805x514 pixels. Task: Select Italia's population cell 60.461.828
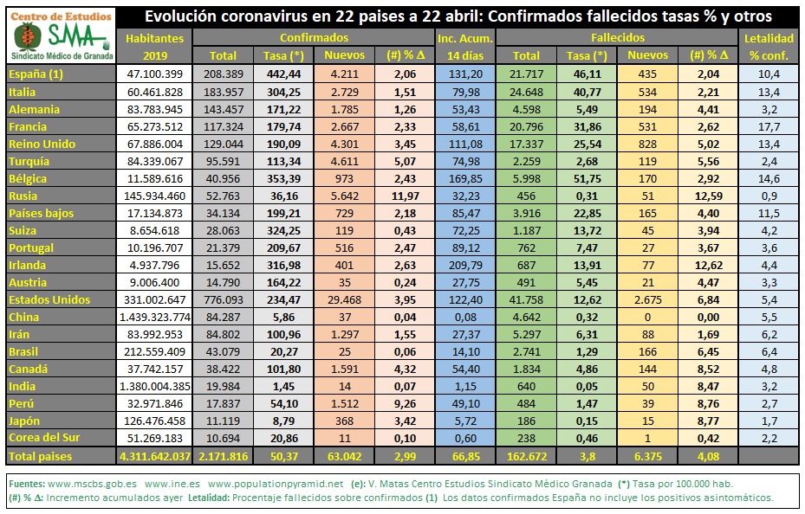pyautogui.click(x=154, y=93)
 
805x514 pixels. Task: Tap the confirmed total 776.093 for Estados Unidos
pyautogui.click(x=223, y=299)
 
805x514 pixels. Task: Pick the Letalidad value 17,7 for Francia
pyautogui.click(x=769, y=127)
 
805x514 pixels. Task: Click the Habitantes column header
pyautogui.click(x=154, y=38)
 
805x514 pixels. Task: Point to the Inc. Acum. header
pyautogui.click(x=465, y=38)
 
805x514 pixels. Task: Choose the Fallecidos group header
pyautogui.click(x=618, y=38)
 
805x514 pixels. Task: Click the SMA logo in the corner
pyautogui.click(x=62, y=35)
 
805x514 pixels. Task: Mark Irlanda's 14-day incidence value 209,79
pyautogui.click(x=465, y=266)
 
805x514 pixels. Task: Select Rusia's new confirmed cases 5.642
pyautogui.click(x=345, y=196)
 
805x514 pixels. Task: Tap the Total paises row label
pyautogui.click(x=41, y=457)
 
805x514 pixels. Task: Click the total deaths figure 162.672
pyautogui.click(x=527, y=457)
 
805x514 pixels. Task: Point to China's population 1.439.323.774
pyautogui.click(x=154, y=318)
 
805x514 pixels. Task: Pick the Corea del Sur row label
pyautogui.click(x=44, y=438)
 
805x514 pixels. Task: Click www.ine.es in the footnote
pyautogui.click(x=172, y=484)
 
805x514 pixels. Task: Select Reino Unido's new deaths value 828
pyautogui.click(x=648, y=145)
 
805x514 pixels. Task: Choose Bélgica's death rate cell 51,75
pyautogui.click(x=588, y=179)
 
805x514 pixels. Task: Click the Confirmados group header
pyautogui.click(x=315, y=38)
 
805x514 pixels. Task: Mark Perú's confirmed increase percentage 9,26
pyautogui.click(x=405, y=404)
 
